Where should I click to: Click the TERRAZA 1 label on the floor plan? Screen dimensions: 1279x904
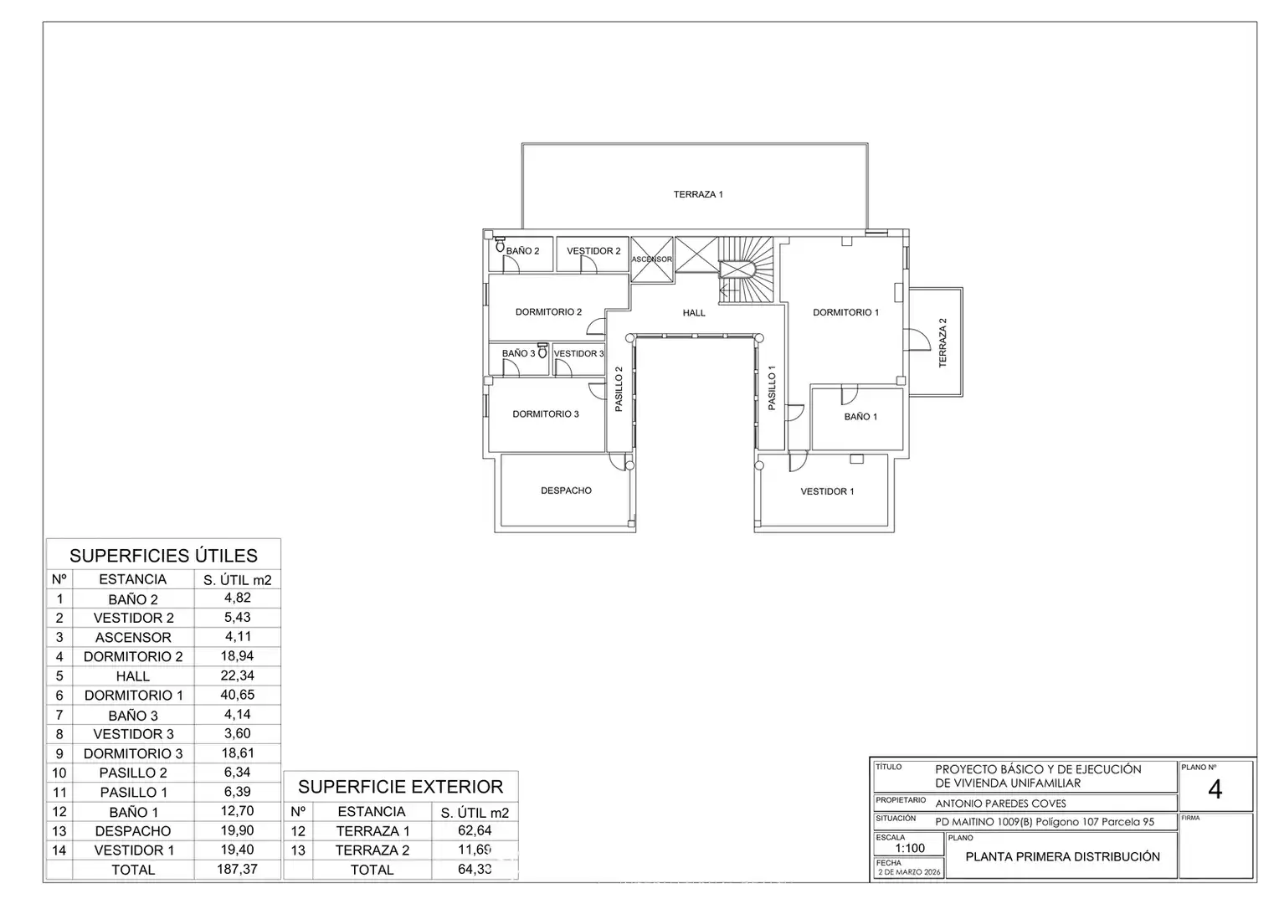pyautogui.click(x=698, y=194)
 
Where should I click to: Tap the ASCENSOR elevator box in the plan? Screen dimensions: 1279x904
pyautogui.click(x=652, y=259)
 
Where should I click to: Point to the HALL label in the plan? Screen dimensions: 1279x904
pyautogui.click(x=694, y=313)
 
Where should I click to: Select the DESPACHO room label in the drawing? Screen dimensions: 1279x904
pyautogui.click(x=566, y=491)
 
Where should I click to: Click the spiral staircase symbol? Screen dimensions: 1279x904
pyautogui.click(x=746, y=270)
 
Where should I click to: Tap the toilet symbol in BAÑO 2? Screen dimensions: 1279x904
pyautogui.click(x=501, y=245)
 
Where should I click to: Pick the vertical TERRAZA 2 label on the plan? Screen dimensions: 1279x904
pyautogui.click(x=943, y=342)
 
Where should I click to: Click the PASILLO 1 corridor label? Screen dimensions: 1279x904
pyautogui.click(x=772, y=388)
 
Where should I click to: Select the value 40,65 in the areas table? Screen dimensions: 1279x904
pyautogui.click(x=237, y=695)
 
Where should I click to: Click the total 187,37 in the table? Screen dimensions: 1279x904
pyautogui.click(x=237, y=869)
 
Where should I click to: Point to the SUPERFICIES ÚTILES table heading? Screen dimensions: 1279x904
pyautogui.click(x=163, y=556)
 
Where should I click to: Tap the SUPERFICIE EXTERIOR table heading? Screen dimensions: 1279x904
pyautogui.click(x=400, y=787)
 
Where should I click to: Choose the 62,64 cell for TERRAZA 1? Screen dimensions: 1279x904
pyautogui.click(x=475, y=830)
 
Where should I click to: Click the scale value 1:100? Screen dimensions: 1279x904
pyautogui.click(x=910, y=848)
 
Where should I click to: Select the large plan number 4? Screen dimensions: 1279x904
pyautogui.click(x=1215, y=790)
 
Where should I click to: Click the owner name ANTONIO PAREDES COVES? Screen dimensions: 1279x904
pyautogui.click(x=1000, y=804)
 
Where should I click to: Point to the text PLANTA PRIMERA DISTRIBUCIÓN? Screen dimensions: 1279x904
pyautogui.click(x=1062, y=856)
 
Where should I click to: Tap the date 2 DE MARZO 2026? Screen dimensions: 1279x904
pyautogui.click(x=909, y=872)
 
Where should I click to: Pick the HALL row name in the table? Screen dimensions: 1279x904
pyautogui.click(x=132, y=676)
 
